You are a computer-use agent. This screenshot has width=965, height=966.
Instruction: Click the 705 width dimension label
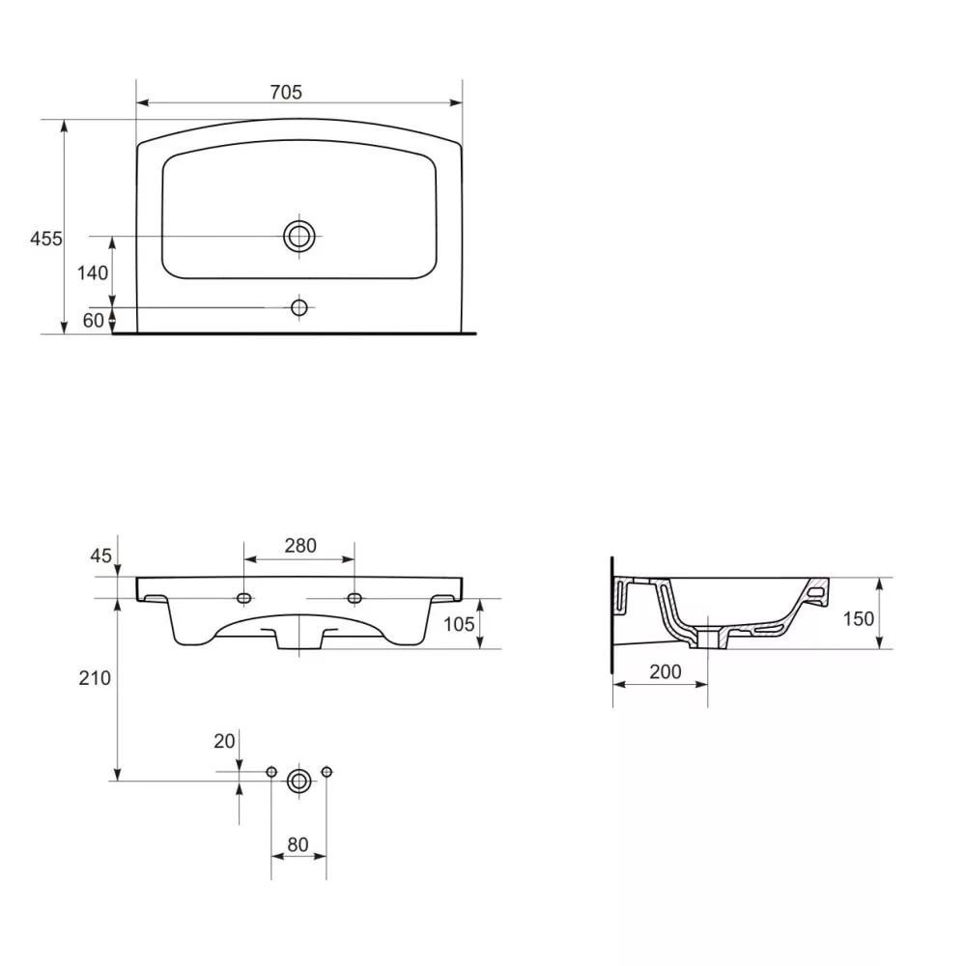(x=286, y=92)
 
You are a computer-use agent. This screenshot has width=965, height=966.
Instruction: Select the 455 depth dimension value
(x=46, y=239)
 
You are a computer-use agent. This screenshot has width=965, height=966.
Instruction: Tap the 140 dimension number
(x=93, y=272)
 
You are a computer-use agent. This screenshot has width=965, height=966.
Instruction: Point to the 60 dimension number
(x=94, y=321)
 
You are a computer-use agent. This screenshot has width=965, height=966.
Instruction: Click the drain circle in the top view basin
(x=299, y=236)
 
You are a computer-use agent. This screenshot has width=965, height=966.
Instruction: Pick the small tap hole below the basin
(x=299, y=307)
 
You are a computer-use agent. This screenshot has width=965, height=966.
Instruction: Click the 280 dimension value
(x=300, y=545)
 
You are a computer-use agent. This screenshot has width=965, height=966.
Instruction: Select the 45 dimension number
(x=101, y=555)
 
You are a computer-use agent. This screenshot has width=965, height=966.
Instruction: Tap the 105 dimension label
(x=459, y=624)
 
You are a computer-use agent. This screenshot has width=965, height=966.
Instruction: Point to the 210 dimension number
(x=95, y=678)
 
